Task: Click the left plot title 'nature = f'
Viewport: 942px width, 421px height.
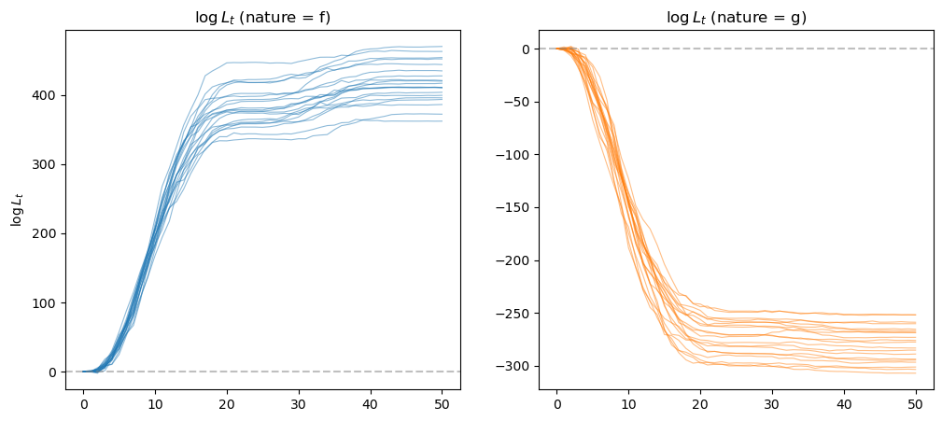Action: point(262,17)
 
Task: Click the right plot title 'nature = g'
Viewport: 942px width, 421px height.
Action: point(736,17)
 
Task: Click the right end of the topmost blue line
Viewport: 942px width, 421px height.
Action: point(442,47)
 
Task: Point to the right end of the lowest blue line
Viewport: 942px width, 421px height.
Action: point(442,121)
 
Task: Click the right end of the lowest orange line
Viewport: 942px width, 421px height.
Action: point(916,373)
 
